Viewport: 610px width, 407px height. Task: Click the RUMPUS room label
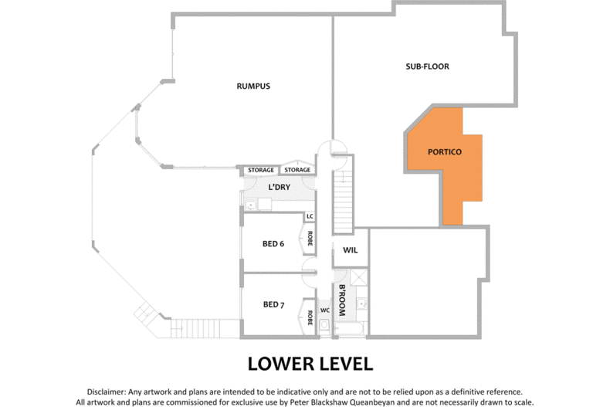click(253, 86)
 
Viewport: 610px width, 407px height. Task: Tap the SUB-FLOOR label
click(427, 66)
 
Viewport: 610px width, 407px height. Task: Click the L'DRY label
click(280, 187)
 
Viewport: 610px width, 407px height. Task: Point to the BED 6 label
click(273, 244)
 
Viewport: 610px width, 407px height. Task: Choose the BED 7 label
click(273, 304)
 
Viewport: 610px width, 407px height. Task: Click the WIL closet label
click(350, 250)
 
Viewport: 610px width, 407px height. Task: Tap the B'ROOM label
click(342, 300)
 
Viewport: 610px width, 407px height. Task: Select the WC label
click(325, 310)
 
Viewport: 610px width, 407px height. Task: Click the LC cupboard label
click(310, 216)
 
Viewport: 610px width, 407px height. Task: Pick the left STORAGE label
click(261, 170)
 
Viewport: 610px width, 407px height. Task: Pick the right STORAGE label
click(297, 170)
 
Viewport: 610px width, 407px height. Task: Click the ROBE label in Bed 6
click(310, 239)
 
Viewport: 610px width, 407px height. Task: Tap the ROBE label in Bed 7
click(310, 317)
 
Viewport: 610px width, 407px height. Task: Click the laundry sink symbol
click(251, 205)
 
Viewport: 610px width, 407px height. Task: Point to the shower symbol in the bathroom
click(359, 277)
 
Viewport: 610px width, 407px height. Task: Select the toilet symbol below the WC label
click(324, 326)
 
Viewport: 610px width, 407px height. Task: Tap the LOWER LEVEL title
click(310, 364)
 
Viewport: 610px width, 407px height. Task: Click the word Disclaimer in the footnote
click(107, 392)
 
